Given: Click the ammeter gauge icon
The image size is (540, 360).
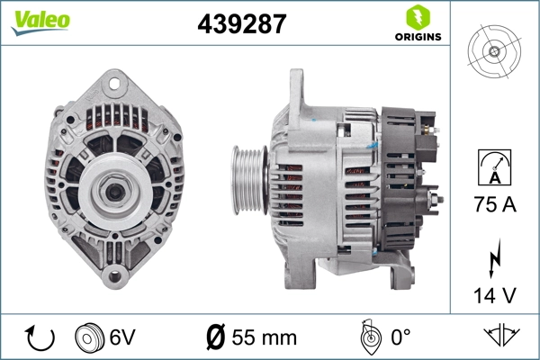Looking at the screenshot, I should click(494, 168).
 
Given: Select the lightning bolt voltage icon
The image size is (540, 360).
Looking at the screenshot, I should click(494, 256).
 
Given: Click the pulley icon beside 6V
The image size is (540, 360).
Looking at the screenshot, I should click(88, 337).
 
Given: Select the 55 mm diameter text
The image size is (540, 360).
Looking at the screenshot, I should click(264, 337).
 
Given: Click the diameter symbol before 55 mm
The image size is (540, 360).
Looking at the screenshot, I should click(216, 337).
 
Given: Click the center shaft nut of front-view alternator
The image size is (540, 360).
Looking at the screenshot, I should click(114, 190).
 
